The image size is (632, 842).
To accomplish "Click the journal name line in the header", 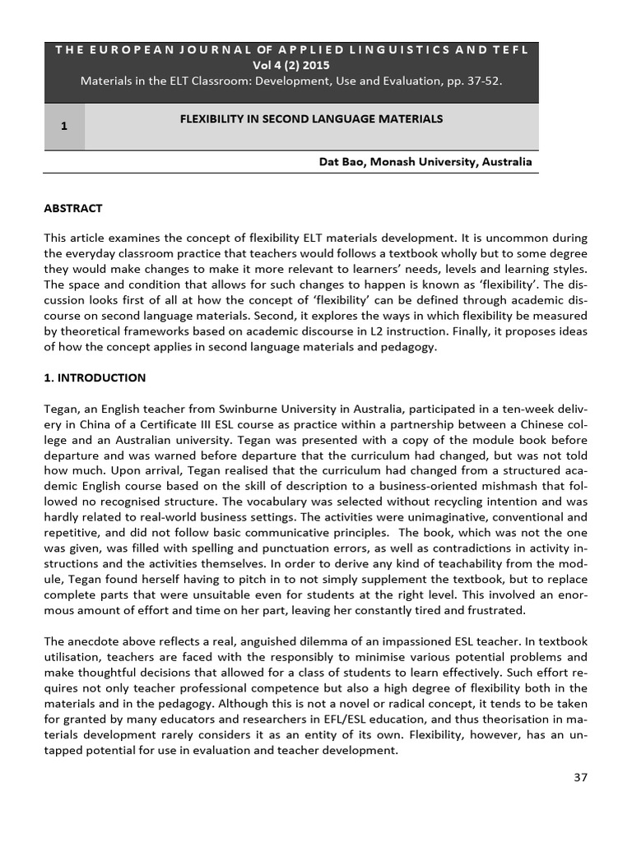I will (x=291, y=50).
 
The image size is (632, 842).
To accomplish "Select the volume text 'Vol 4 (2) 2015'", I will (x=291, y=65).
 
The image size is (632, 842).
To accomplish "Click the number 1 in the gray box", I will (x=63, y=126).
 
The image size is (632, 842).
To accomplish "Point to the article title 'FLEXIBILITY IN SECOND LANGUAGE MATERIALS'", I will (x=311, y=119).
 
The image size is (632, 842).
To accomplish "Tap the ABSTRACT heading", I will (x=73, y=209).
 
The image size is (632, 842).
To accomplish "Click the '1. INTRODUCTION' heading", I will (x=95, y=378).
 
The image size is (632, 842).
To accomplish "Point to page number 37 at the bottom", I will (x=581, y=778).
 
